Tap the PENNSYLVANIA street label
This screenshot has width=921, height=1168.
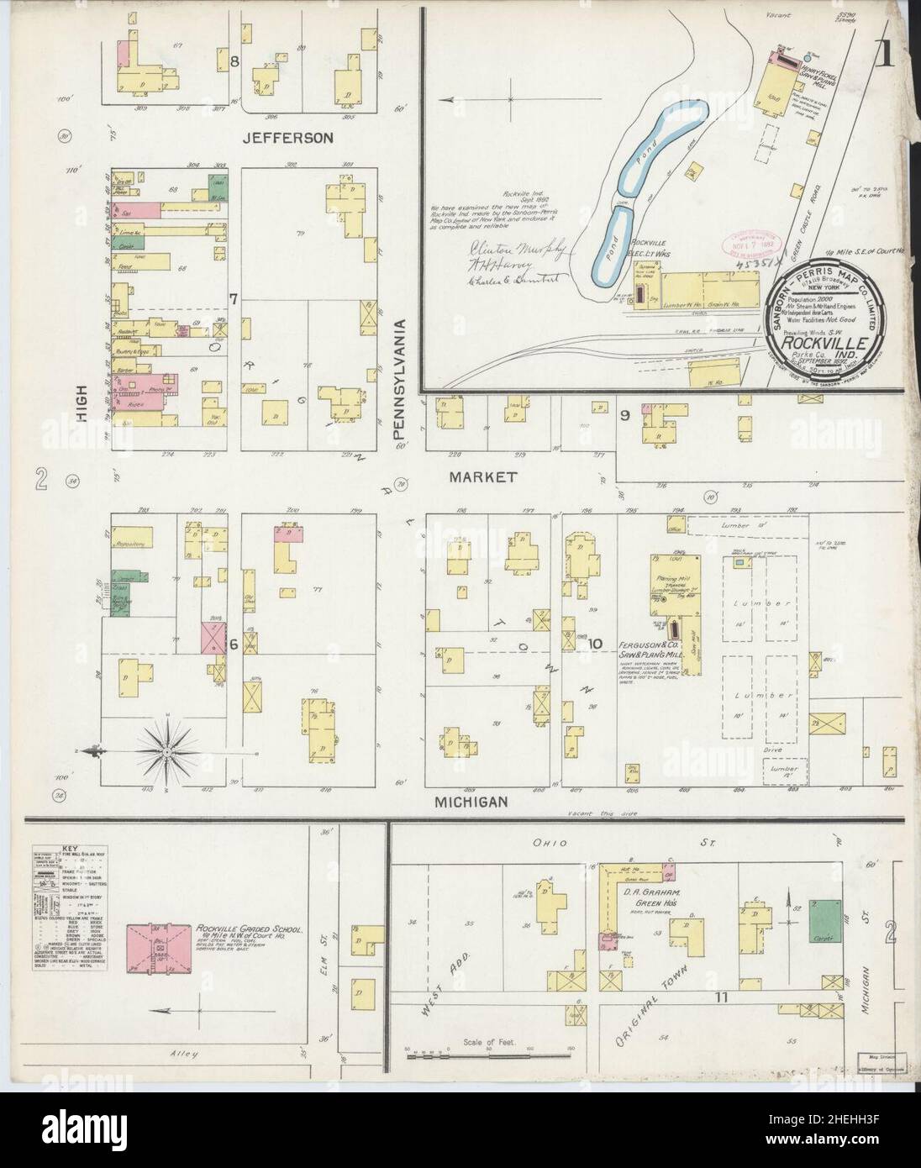tap(401, 383)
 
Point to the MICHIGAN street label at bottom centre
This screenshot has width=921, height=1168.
tap(471, 802)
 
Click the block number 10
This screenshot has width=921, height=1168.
tap(596, 645)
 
